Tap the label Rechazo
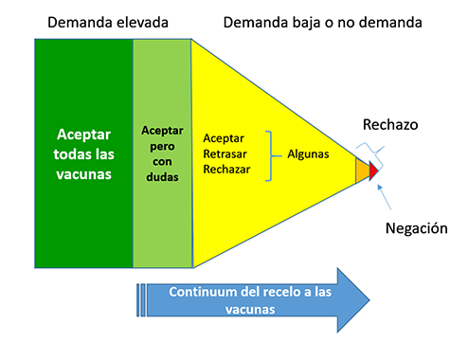pyautogui.click(x=389, y=125)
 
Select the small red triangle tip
pyautogui.click(x=374, y=171)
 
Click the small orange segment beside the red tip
pyautogui.click(x=362, y=171)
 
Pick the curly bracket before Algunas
pyautogui.click(x=272, y=153)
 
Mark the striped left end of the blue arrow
pyautogui.click(x=143, y=300)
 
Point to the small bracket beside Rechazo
pyautogui.click(x=369, y=148)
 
